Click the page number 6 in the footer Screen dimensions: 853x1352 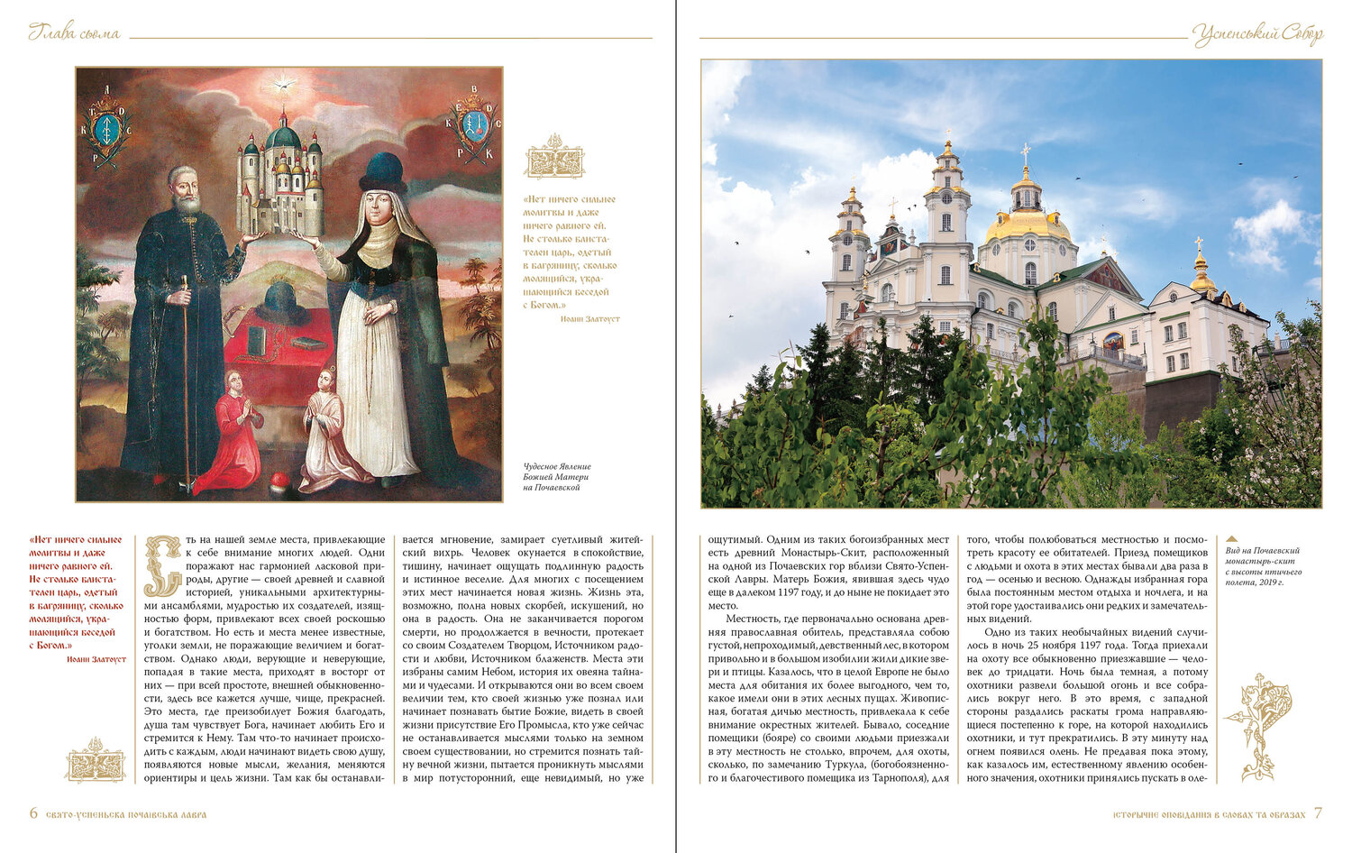point(33,813)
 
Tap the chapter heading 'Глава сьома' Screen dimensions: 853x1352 point(74,33)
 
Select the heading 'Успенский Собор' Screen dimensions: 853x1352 point(1257,35)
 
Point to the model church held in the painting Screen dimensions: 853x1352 point(281,180)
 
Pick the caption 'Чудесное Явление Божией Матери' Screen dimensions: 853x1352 point(557,476)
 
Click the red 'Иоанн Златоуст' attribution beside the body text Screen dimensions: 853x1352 point(96,659)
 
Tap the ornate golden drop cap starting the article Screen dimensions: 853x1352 point(162,565)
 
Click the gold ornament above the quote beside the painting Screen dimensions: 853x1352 point(554,158)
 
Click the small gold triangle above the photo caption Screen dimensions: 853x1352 point(1232,539)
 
